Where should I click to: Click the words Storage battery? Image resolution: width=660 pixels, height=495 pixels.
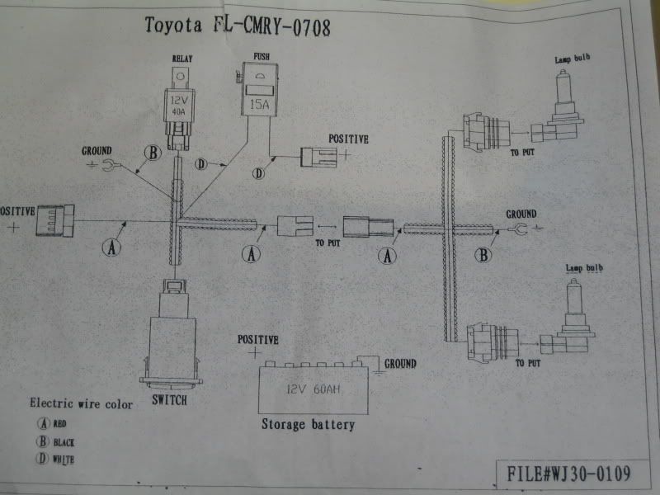(308, 425)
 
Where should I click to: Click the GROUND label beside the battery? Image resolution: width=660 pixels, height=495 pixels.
(400, 363)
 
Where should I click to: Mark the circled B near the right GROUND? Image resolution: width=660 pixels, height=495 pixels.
(484, 255)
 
